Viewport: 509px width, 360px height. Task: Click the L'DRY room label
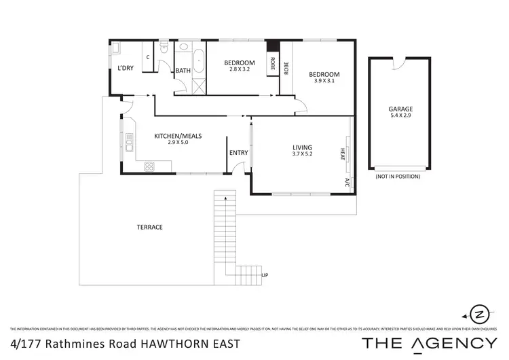pos(124,68)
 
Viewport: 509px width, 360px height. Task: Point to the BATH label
pos(183,71)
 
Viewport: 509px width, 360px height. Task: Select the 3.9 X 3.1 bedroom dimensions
pos(324,80)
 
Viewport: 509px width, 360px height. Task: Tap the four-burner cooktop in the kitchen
pos(149,166)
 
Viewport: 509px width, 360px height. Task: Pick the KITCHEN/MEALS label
pos(178,136)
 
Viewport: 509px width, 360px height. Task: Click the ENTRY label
pos(239,153)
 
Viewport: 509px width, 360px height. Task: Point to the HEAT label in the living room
pos(343,155)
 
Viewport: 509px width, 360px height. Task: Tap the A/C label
pos(346,182)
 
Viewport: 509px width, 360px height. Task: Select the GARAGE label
pos(400,109)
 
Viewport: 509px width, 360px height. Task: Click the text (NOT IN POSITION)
pos(397,177)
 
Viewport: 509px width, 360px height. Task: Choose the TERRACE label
pos(149,227)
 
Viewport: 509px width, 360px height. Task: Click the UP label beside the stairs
pos(265,274)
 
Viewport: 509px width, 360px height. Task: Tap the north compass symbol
pos(479,314)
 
